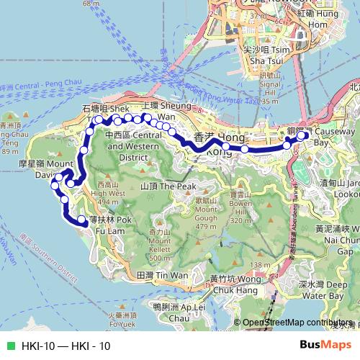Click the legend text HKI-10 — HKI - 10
point(66,346)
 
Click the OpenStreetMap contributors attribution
point(297,323)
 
